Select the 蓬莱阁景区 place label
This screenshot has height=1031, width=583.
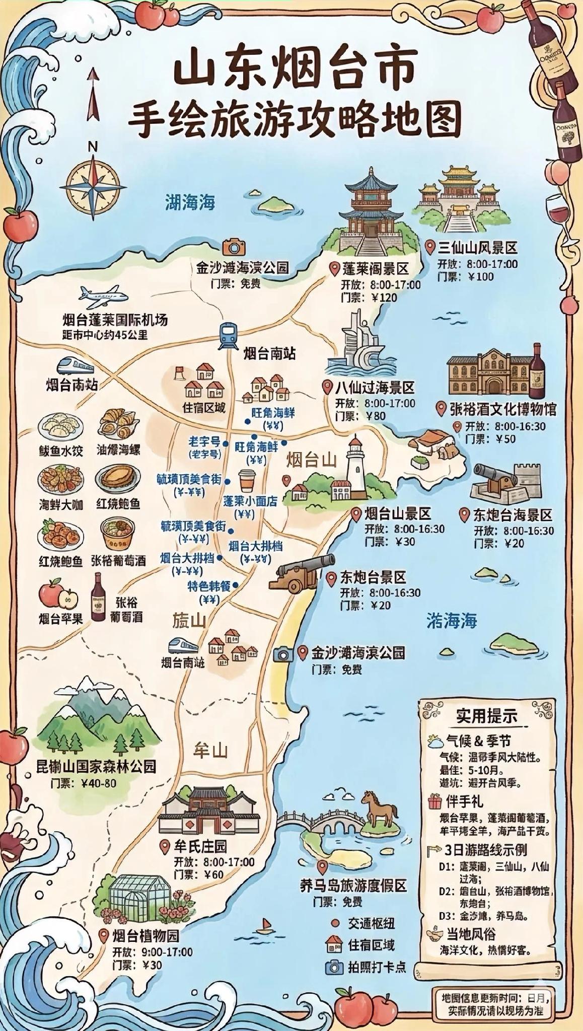375,268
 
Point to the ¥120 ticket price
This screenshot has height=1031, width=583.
384,298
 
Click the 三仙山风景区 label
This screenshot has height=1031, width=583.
477,248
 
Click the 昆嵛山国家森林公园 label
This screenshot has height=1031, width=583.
96,767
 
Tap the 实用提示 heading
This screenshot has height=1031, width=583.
486,715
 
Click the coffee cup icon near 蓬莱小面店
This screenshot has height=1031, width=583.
246,480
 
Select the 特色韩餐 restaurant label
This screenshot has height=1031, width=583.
209,586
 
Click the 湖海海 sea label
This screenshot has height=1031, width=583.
190,202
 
